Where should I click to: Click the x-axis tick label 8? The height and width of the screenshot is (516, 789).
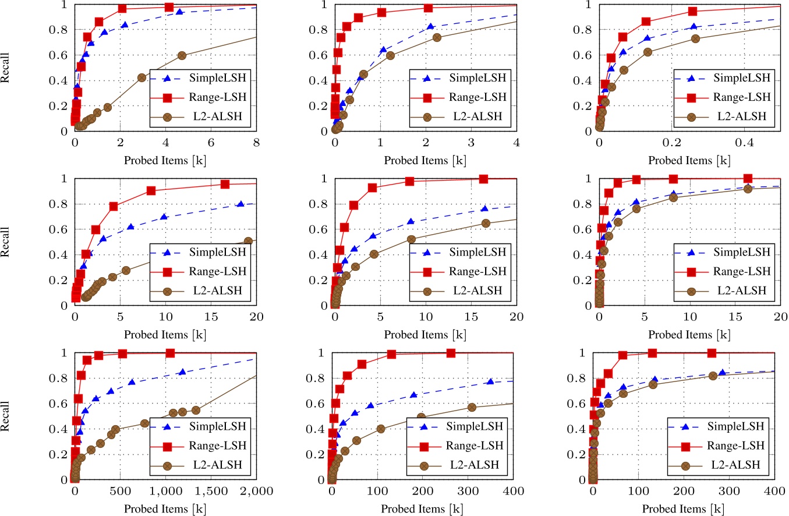coord(256,143)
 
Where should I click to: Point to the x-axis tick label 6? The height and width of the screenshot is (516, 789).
coord(211,143)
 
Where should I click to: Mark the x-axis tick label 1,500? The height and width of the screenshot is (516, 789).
coord(210,492)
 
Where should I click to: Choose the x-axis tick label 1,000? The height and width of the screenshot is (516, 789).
coord(165,492)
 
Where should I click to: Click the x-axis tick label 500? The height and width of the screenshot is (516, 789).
coord(120,492)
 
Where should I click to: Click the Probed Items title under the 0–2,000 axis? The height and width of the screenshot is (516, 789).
coord(165,508)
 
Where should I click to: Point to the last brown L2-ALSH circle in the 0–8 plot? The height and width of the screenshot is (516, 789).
coord(182,55)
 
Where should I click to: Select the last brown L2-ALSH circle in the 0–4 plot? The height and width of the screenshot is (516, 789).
coord(437,37)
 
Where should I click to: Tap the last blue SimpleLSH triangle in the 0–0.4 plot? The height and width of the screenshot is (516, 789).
coord(693,27)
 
